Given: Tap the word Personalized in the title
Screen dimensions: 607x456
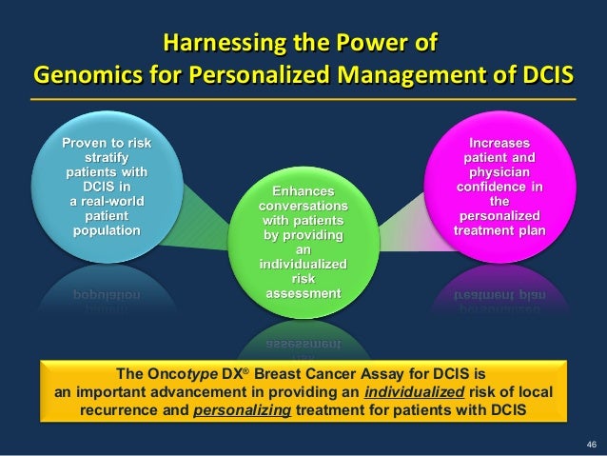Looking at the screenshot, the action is [x=230, y=75].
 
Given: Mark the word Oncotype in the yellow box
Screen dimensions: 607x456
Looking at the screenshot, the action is [x=186, y=376].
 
